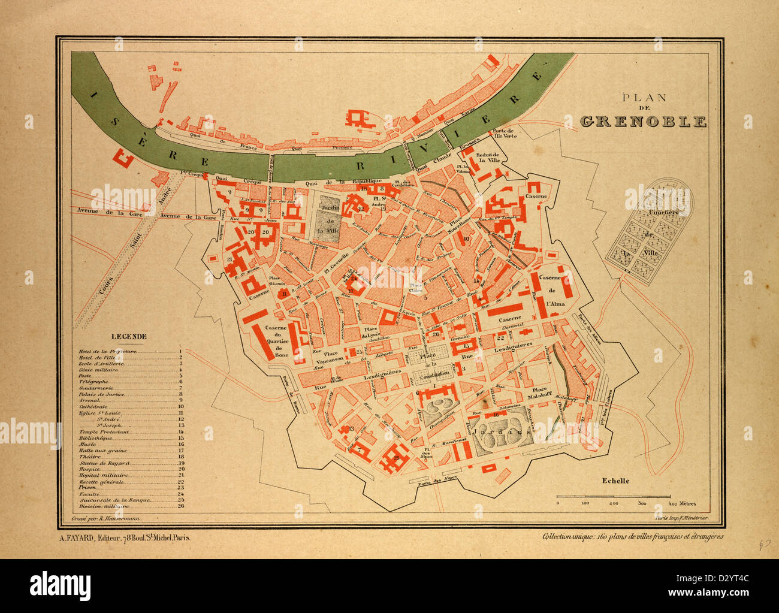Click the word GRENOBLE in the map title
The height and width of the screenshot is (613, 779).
click(x=644, y=121)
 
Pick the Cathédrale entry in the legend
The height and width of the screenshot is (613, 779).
click(x=95, y=407)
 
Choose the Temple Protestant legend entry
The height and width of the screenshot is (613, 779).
click(x=104, y=432)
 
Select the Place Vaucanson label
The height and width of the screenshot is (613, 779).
click(x=328, y=359)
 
